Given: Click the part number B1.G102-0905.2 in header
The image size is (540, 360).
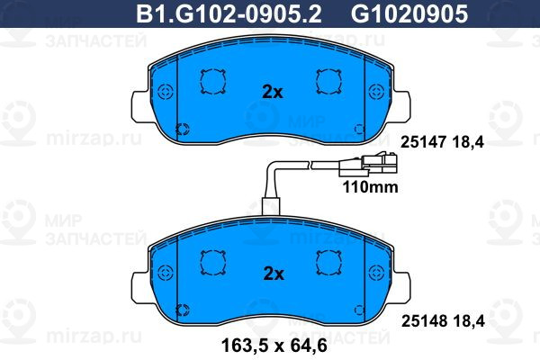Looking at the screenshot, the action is pos(229,13).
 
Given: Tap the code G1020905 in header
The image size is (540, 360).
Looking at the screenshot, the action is pos(409,13).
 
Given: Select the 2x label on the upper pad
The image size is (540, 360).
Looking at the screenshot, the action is pos(273,92).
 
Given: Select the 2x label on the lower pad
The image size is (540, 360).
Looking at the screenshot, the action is pos(274,274).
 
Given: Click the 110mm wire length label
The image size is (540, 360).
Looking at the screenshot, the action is pos(370,187).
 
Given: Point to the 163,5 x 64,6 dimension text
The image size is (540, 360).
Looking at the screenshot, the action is pos(274,346).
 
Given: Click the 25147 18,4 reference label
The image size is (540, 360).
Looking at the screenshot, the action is pos(443,142).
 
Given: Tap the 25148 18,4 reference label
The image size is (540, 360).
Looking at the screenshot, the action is pos(443,321).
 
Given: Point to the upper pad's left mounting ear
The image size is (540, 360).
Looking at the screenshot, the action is pos(140,106).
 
